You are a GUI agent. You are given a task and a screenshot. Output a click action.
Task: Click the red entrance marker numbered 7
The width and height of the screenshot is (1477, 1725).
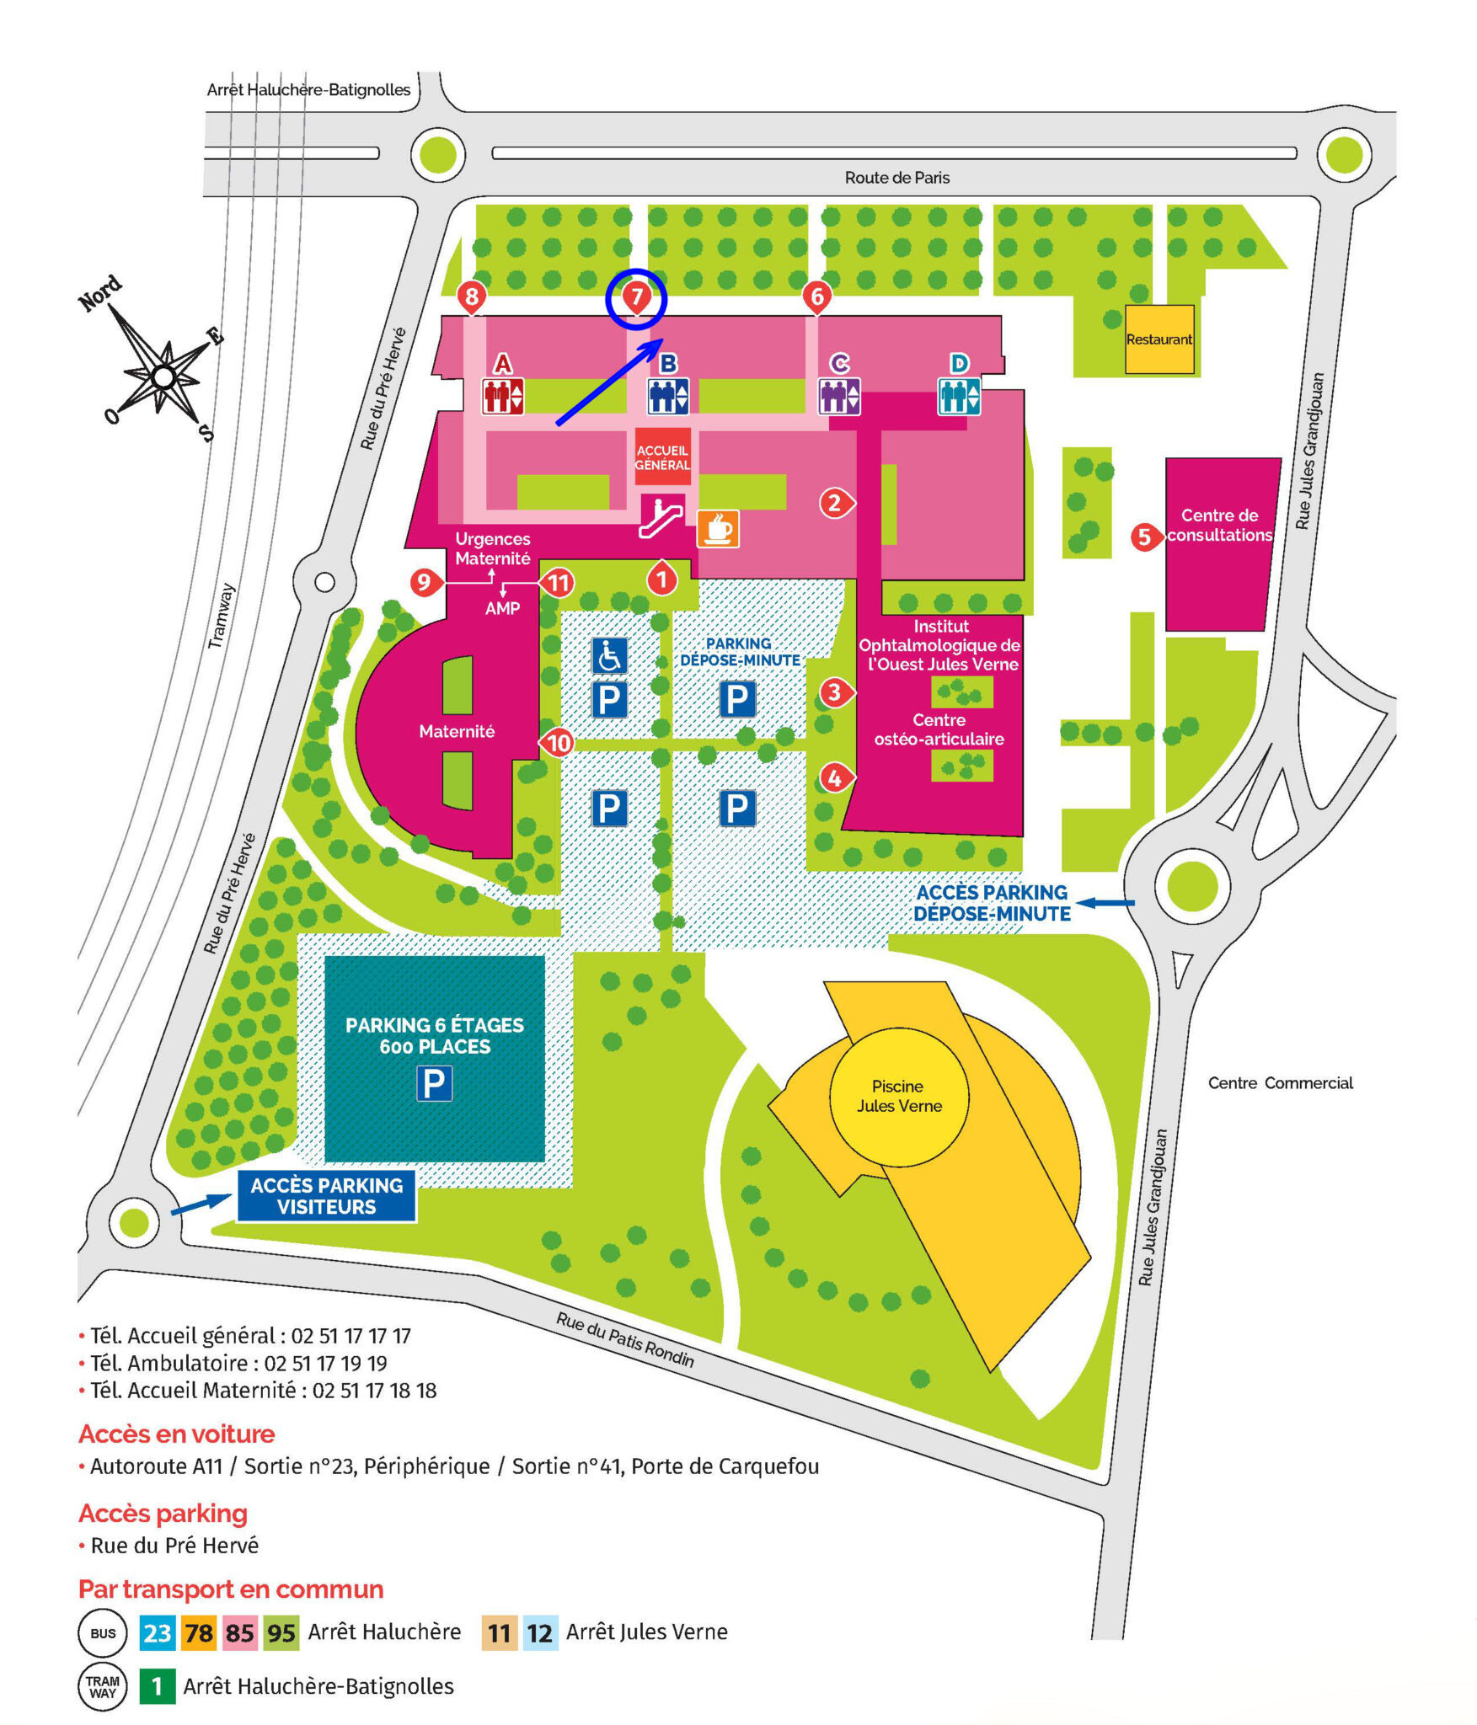636,297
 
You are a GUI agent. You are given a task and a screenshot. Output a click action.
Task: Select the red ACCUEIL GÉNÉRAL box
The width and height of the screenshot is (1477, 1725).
662,457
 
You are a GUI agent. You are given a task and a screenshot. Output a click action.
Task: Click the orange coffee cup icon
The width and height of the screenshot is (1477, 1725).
718,529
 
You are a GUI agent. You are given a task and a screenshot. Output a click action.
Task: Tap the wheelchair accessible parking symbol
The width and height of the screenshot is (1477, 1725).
609,655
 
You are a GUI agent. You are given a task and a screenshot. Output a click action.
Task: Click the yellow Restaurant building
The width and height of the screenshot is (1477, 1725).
1159,339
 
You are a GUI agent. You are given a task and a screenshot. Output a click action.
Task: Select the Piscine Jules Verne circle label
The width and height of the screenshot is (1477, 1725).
899,1097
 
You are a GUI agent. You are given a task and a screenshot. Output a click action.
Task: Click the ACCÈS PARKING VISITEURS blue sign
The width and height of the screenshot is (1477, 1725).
327,1195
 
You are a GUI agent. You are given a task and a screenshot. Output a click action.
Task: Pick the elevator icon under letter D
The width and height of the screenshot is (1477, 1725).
960,396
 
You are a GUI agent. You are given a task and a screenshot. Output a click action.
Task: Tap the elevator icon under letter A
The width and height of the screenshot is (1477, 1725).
503,396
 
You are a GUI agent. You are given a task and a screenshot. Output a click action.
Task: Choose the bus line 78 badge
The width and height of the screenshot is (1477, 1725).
199,1633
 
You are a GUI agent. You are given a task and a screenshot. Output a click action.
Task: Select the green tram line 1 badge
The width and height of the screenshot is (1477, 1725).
158,1686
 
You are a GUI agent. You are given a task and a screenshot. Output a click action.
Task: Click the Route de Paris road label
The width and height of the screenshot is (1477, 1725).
897,178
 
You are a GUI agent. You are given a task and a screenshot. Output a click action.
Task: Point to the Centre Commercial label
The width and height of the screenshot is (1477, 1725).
1281,1082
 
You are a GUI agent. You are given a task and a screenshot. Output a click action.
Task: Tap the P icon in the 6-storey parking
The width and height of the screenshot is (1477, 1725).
435,1083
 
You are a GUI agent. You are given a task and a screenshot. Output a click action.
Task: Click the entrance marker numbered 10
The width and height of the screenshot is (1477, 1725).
557,742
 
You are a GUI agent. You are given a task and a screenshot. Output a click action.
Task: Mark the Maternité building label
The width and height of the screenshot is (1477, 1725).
457,731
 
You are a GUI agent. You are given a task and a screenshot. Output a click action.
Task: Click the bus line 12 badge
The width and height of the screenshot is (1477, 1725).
540,1633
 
